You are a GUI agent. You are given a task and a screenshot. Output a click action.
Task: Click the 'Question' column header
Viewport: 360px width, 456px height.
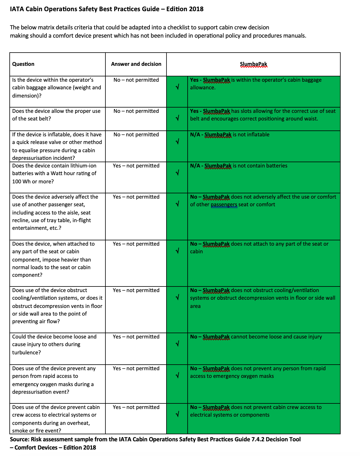pyautogui.click(x=23, y=64)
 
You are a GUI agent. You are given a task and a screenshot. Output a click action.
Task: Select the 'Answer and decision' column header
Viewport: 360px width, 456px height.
pyautogui.click(x=136, y=64)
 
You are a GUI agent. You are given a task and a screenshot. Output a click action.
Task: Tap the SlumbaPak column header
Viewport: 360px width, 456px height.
pyautogui.click(x=253, y=64)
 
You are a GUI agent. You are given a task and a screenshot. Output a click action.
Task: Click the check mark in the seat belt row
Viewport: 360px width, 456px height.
pyautogui.click(x=177, y=118)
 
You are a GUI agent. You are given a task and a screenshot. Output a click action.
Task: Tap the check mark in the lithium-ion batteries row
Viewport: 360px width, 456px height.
pyautogui.click(x=177, y=173)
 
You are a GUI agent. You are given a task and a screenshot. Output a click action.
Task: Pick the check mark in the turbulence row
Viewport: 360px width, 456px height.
pyautogui.click(x=177, y=343)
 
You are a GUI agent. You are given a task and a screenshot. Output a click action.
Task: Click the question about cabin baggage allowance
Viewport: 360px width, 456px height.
pyautogui.click(x=56, y=88)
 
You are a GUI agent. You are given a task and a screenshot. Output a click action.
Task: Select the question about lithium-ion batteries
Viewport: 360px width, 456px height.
pyautogui.click(x=54, y=173)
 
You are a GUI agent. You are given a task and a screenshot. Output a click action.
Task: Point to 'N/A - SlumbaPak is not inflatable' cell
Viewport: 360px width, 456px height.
pyautogui.click(x=230, y=135)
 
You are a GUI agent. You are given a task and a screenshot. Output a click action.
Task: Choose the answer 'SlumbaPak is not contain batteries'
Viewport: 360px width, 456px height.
pyautogui.click(x=238, y=166)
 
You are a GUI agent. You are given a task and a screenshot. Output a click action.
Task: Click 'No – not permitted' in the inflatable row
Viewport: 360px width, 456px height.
pyautogui.click(x=136, y=135)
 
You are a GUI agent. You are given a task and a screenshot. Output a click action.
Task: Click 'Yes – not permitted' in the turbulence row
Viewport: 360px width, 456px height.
pyautogui.click(x=136, y=337)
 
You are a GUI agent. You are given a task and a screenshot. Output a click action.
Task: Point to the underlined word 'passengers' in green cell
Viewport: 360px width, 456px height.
pyautogui.click(x=224, y=204)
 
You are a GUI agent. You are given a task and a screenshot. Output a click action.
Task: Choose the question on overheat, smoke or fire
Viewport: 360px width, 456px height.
pyautogui.click(x=56, y=419)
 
